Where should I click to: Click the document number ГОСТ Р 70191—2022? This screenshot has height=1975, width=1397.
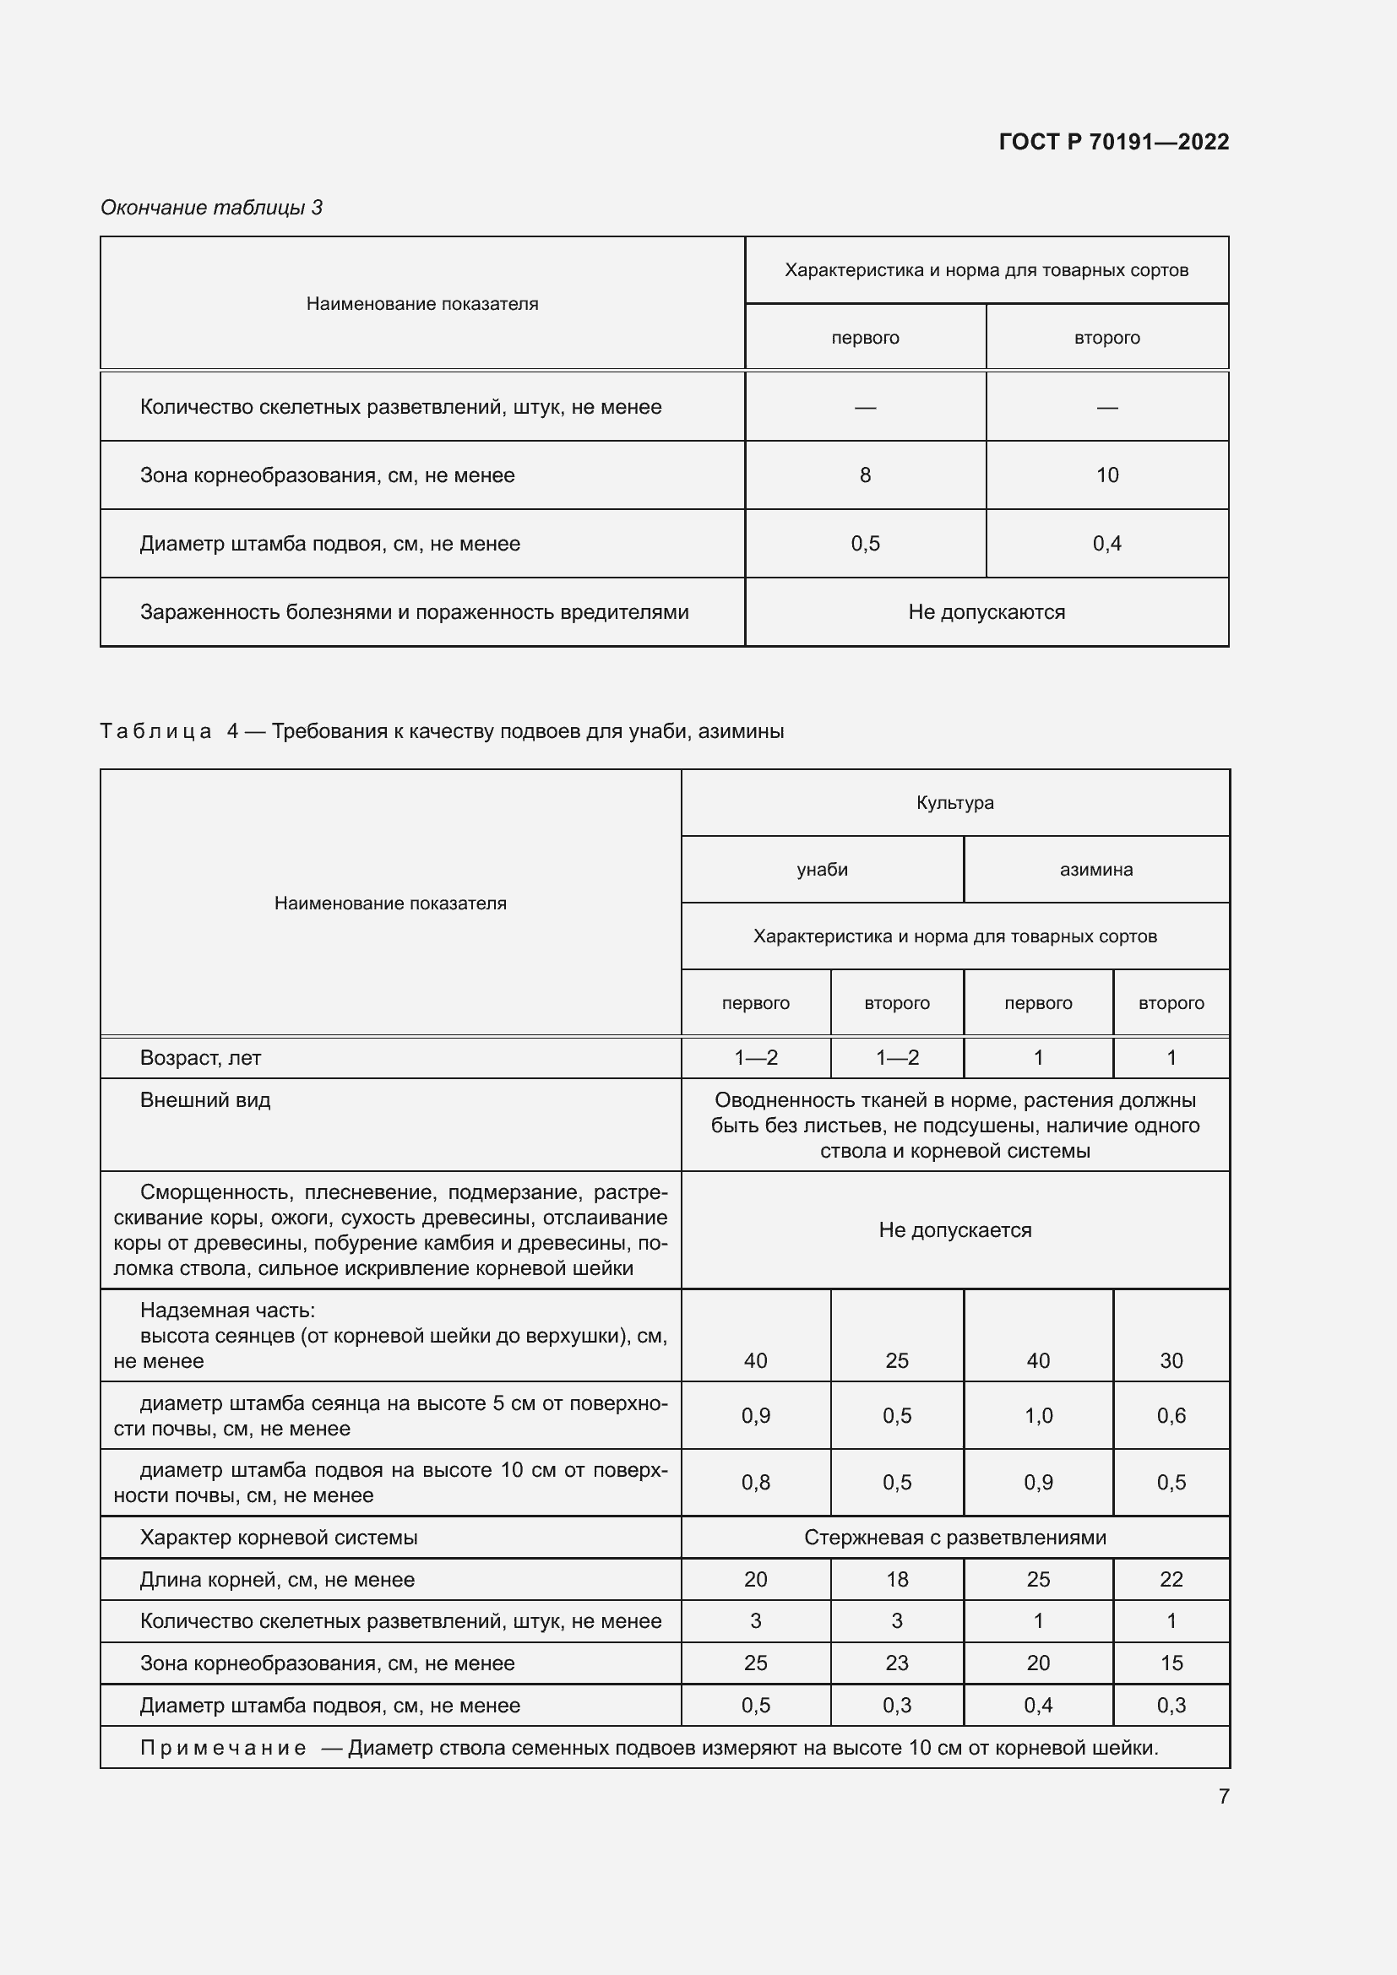pyautogui.click(x=1113, y=142)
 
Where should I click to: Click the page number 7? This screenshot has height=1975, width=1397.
pyautogui.click(x=1223, y=1796)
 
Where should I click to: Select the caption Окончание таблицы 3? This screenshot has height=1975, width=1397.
pyautogui.click(x=212, y=208)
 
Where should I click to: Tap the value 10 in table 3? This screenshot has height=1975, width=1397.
pyautogui.click(x=1106, y=475)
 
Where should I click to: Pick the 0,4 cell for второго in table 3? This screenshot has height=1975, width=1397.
pyautogui.click(x=1106, y=544)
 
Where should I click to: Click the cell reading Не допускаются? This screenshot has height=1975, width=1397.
pyautogui.click(x=986, y=612)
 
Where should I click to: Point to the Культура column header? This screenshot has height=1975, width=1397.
pyautogui.click(x=955, y=802)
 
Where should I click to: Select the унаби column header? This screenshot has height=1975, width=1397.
pyautogui.click(x=822, y=870)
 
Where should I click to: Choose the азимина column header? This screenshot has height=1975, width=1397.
pyautogui.click(x=1095, y=870)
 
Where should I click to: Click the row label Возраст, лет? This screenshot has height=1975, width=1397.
pyautogui.click(x=200, y=1058)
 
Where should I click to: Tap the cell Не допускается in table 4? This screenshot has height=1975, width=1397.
pyautogui.click(x=955, y=1230)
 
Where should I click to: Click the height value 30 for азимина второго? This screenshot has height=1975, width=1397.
pyautogui.click(x=1171, y=1361)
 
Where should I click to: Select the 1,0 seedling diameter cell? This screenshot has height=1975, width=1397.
pyautogui.click(x=1037, y=1416)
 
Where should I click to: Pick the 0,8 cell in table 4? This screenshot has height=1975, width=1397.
pyautogui.click(x=755, y=1482)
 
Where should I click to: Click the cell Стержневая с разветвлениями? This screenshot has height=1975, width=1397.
pyautogui.click(x=955, y=1537)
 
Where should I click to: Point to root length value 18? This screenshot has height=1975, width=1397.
pyautogui.click(x=896, y=1579)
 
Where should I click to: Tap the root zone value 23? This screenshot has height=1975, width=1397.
pyautogui.click(x=896, y=1663)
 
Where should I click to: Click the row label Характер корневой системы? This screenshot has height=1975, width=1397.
pyautogui.click(x=279, y=1537)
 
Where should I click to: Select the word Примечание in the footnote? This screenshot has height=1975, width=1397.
pyautogui.click(x=223, y=1748)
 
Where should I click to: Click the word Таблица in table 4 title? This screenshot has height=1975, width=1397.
pyautogui.click(x=155, y=731)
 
